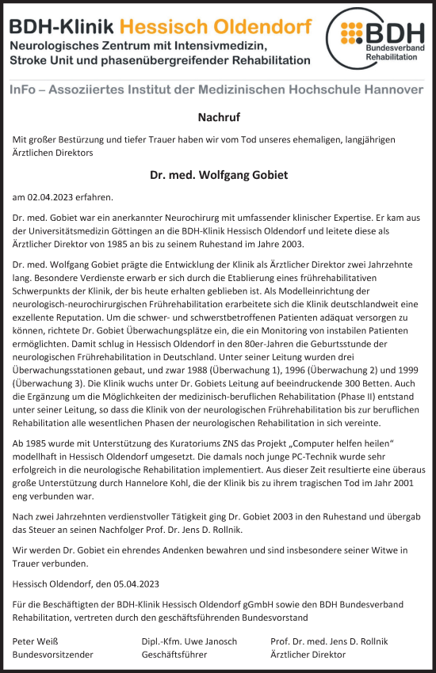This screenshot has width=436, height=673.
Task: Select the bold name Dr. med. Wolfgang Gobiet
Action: coord(218,174)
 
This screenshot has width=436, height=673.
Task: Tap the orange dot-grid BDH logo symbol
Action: coord(354,34)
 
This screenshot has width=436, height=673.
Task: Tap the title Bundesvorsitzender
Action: coord(53,655)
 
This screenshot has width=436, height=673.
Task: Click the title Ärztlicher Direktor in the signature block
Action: coord(308,655)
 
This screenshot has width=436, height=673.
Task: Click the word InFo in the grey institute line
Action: coord(29,89)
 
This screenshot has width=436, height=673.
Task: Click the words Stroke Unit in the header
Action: coord(40,60)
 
